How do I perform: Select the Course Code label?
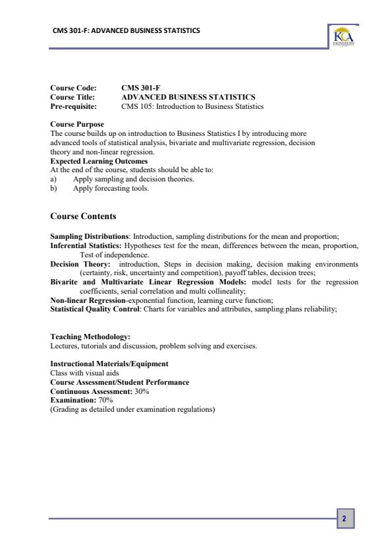[x=73, y=88]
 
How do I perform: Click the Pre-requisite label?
[x=73, y=106]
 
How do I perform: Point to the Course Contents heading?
[x=83, y=216]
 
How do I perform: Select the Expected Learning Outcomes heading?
[x=99, y=161]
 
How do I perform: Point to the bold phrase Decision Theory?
[x=74, y=264]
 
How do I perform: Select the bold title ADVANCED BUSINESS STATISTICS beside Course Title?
[x=188, y=97]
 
